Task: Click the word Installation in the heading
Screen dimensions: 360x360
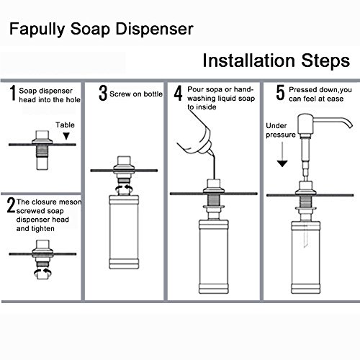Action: tap(248, 60)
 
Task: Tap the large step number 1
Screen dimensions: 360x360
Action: tap(13, 93)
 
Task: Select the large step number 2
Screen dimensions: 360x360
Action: tap(11, 206)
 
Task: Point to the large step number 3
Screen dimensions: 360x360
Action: tap(103, 93)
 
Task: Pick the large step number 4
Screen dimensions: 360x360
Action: tap(178, 93)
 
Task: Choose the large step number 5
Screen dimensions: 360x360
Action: tap(280, 92)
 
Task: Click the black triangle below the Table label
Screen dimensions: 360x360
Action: tap(66, 136)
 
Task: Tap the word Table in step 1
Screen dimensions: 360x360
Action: tap(65, 125)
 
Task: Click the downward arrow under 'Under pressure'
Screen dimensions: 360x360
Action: tap(282, 154)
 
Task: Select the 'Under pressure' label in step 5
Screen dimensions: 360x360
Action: tap(281, 130)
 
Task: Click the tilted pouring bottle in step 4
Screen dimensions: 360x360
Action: tap(196, 139)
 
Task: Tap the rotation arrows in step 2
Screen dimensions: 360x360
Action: tap(42, 272)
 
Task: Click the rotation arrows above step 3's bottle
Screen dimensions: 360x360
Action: tap(124, 189)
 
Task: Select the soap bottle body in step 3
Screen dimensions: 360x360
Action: tap(124, 232)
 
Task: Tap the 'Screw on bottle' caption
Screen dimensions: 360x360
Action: tap(136, 94)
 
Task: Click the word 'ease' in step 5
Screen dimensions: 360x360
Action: tap(335, 99)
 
